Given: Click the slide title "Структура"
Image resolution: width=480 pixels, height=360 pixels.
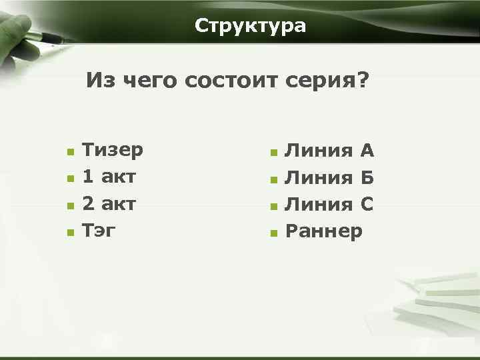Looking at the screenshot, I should pyautogui.click(x=251, y=26).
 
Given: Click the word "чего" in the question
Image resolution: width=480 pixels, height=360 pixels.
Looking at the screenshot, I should pyautogui.click(x=152, y=81).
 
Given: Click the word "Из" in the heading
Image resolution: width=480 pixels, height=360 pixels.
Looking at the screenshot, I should pyautogui.click(x=101, y=81).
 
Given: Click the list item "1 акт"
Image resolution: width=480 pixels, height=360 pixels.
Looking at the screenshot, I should pyautogui.click(x=109, y=177).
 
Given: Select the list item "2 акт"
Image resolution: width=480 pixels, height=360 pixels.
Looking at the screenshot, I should pyautogui.click(x=109, y=204).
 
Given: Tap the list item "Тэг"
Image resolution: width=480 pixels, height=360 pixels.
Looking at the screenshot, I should pyautogui.click(x=99, y=231).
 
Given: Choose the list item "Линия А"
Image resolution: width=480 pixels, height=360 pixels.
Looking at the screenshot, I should pyautogui.click(x=329, y=151).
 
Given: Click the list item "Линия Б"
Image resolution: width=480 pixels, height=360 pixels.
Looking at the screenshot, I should pyautogui.click(x=329, y=178).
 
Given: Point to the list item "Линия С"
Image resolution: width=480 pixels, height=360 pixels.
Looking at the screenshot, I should pyautogui.click(x=329, y=205).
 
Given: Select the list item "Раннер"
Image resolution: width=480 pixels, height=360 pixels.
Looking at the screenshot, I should pyautogui.click(x=324, y=231).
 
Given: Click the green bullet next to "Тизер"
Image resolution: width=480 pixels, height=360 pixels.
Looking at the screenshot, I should pyautogui.click(x=70, y=152).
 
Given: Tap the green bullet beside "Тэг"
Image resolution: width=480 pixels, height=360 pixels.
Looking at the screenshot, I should pyautogui.click(x=70, y=233).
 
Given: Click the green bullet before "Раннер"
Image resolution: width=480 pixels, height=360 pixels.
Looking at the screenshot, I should pyautogui.click(x=273, y=233).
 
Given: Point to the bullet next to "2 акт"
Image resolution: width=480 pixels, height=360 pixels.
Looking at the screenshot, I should pyautogui.click(x=70, y=206).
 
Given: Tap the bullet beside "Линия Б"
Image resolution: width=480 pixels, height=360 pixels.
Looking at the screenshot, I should pyautogui.click(x=273, y=179).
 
